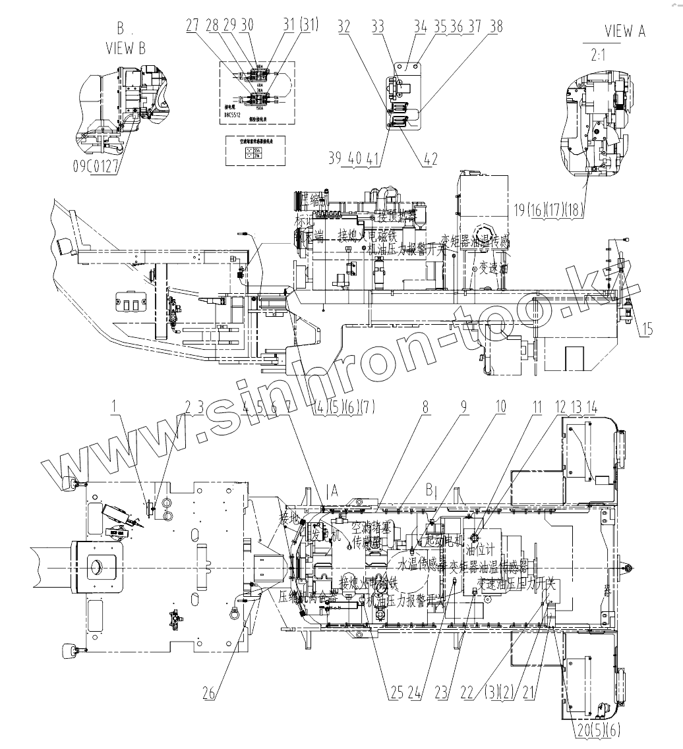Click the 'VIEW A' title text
point(624,30)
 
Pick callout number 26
point(209,693)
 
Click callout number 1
point(116,408)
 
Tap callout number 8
point(426,408)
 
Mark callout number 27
point(192,26)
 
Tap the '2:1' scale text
point(599,55)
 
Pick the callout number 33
point(377,26)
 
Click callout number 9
point(463,408)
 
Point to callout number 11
point(537,408)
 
